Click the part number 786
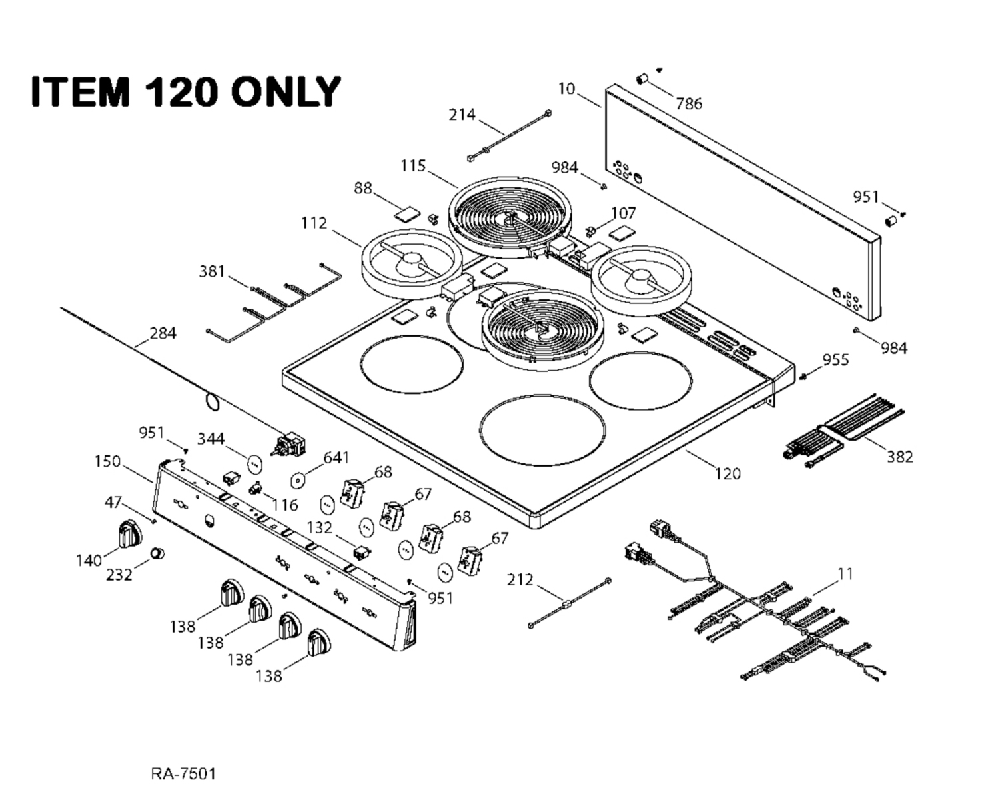pyautogui.click(x=688, y=103)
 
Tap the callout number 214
pyautogui.click(x=462, y=115)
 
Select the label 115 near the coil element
pyautogui.click(x=413, y=165)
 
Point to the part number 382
pyautogui.click(x=900, y=457)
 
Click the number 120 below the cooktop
pyautogui.click(x=728, y=473)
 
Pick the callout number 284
pyautogui.click(x=163, y=333)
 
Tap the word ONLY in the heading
pyautogui.click(x=285, y=91)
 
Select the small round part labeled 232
pyautogui.click(x=157, y=553)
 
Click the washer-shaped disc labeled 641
pyautogui.click(x=297, y=481)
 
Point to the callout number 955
pyautogui.click(x=835, y=359)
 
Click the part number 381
pyautogui.click(x=212, y=271)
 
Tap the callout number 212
pyautogui.click(x=520, y=579)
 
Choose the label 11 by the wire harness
pyautogui.click(x=845, y=575)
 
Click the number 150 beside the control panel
pyautogui.click(x=107, y=461)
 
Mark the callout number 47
pyautogui.click(x=113, y=502)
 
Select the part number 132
pyautogui.click(x=320, y=527)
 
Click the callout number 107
pyautogui.click(x=623, y=213)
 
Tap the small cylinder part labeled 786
pyautogui.click(x=642, y=79)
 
